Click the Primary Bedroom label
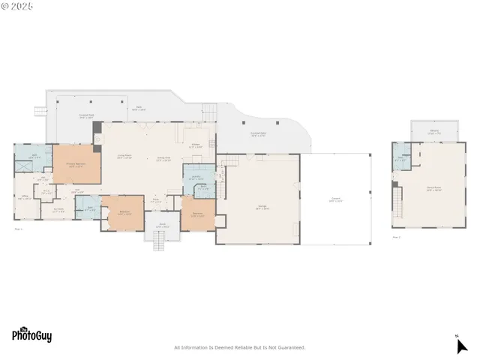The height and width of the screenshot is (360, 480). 76,166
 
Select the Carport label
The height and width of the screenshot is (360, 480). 335,200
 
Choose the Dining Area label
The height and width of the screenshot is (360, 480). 164,159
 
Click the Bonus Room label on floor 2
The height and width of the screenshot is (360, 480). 433,189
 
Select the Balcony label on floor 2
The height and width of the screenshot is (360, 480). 434,133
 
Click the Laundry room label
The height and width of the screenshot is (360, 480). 196,178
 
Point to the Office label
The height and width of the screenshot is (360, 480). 25,198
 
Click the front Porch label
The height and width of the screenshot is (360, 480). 161,225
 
